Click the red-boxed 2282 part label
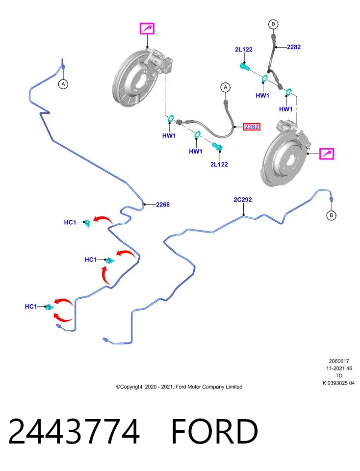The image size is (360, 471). tap(252, 127)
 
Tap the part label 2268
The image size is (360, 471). tap(163, 205)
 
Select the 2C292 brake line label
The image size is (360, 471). tap(243, 200)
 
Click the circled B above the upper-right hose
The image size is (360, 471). tap(273, 24)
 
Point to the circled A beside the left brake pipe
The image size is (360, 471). tap(63, 84)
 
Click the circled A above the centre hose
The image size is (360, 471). tap(226, 87)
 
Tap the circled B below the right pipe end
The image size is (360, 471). tap(331, 215)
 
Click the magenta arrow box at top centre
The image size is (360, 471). tap(147, 28)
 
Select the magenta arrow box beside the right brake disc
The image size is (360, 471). tap(327, 154)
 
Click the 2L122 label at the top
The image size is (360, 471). tap(243, 49)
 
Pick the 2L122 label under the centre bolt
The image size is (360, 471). tap(219, 164)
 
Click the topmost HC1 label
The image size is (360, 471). tap(70, 222)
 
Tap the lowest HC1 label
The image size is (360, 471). tap(30, 306)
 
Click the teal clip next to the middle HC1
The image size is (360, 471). tap(110, 260)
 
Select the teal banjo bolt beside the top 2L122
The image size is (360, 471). tap(245, 67)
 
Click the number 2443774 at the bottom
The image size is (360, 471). tap(74, 431)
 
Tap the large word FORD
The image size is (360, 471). tap(215, 431)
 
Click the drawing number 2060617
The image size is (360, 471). tap(339, 361)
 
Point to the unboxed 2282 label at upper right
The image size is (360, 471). tap(294, 47)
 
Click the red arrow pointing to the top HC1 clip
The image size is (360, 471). tap(102, 219)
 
